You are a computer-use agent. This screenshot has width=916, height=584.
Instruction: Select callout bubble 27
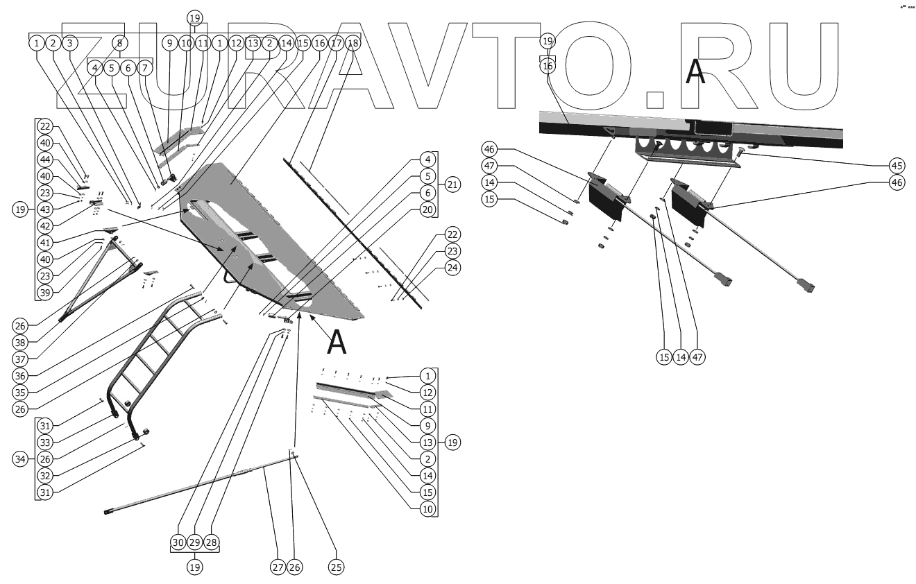[x=278, y=567]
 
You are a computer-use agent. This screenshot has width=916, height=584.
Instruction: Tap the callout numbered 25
[x=337, y=567]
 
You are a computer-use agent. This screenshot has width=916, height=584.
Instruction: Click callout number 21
[x=452, y=184]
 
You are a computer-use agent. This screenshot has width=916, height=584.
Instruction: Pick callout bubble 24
[x=452, y=267]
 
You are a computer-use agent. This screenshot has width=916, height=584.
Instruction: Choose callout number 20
[x=428, y=209]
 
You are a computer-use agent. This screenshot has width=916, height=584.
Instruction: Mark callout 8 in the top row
[x=119, y=43]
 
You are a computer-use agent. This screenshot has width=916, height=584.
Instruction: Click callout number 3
[x=69, y=43]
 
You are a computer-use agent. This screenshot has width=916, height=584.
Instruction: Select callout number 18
[x=353, y=43]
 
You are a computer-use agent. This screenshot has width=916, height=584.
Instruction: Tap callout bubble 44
[x=45, y=160]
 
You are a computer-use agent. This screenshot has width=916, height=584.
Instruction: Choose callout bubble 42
[x=45, y=226]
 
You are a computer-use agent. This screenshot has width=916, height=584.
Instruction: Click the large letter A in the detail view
[x=695, y=73]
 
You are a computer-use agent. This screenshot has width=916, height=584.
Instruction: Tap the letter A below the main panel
[x=336, y=341]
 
